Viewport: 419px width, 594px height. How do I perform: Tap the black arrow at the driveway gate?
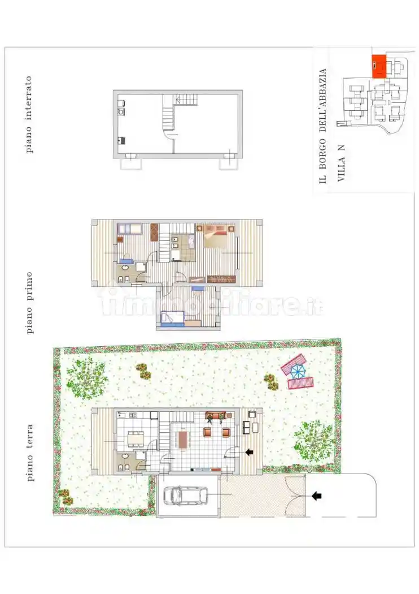(317, 496)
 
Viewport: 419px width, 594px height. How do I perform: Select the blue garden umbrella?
(297, 371)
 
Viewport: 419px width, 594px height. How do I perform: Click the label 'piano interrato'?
(29, 115)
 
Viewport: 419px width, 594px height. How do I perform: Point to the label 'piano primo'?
(29, 302)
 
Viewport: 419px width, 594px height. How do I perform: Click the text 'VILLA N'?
(341, 163)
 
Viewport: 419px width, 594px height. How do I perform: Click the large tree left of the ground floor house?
(86, 376)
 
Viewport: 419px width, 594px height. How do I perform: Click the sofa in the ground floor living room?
(216, 416)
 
